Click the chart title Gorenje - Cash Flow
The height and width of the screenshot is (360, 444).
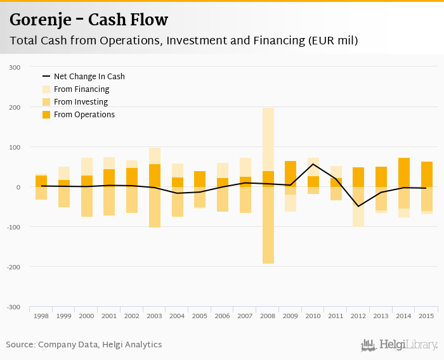click(89, 20)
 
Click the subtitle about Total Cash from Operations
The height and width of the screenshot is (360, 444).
click(184, 41)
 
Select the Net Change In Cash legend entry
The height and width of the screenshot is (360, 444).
click(89, 77)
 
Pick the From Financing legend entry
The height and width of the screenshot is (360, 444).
click(81, 89)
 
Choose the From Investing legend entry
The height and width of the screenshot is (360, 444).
click(81, 102)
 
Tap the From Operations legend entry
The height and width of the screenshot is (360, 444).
click(84, 115)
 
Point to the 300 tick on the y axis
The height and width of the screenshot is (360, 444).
click(15, 67)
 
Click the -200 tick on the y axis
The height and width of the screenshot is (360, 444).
click(13, 267)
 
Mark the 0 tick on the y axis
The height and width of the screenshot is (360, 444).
click(18, 187)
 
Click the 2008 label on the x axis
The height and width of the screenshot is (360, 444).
click(268, 316)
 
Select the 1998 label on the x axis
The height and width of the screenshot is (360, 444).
click(41, 316)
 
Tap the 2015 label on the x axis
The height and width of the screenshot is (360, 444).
click(427, 316)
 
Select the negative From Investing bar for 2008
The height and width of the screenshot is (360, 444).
click(268, 225)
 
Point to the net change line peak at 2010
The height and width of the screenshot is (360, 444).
click(313, 164)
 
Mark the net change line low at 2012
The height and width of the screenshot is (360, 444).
click(358, 206)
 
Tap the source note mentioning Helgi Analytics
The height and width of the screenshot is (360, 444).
click(84, 345)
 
